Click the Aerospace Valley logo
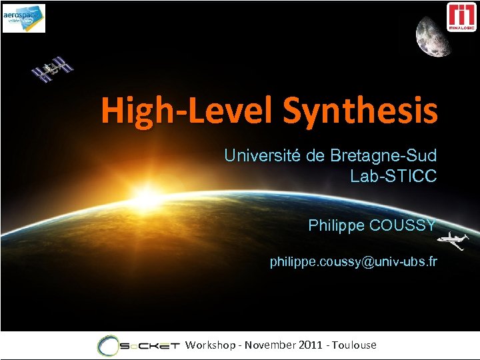(x=24, y=18)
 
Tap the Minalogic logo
(x=461, y=17)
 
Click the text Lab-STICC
(x=393, y=177)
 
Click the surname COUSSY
(x=403, y=225)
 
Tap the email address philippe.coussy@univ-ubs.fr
(x=353, y=262)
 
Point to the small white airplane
(x=456, y=241)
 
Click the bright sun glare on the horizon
(x=149, y=197)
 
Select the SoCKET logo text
(x=151, y=345)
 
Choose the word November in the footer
(x=270, y=345)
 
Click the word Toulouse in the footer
(x=355, y=345)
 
